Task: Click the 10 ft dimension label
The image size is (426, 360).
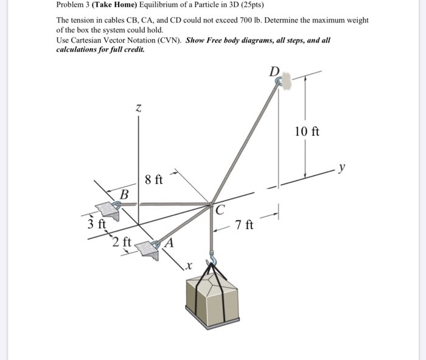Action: (x=307, y=132)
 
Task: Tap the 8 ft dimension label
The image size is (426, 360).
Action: (x=154, y=180)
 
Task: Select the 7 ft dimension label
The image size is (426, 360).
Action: (x=244, y=226)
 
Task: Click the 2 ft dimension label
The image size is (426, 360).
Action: (x=121, y=242)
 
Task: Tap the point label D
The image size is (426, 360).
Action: (x=275, y=72)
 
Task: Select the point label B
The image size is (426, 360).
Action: (x=124, y=194)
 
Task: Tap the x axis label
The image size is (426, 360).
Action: (x=189, y=265)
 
